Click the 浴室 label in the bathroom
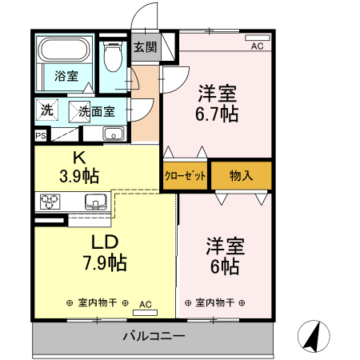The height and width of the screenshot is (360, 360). click(66, 77)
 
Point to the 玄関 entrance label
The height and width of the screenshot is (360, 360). click(146, 46)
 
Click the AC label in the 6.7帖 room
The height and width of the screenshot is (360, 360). click(257, 46)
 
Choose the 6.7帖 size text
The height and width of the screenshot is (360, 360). click(218, 114)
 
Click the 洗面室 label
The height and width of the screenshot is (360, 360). click(96, 111)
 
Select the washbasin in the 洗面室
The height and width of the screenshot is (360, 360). click(113, 134)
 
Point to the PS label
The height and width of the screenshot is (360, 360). click(41, 135)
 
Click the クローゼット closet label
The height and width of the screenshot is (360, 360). click(186, 176)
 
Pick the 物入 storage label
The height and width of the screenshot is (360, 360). click(242, 176)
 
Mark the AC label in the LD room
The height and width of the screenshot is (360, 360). click(146, 304)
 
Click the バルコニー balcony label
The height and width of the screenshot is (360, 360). click(154, 336)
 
